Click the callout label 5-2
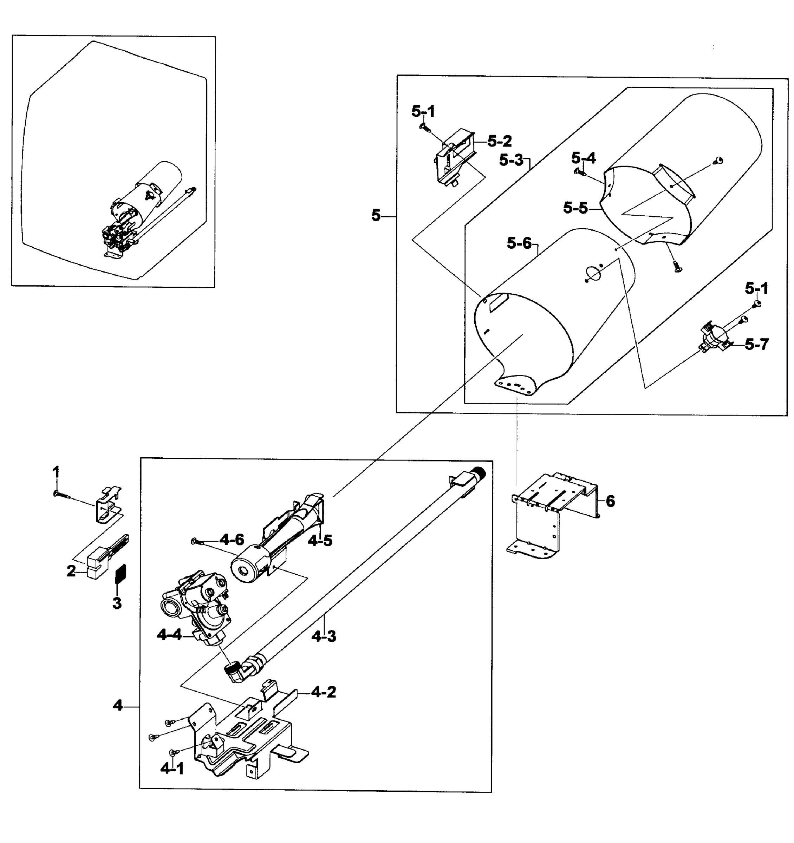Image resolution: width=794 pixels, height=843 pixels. pos(499,141)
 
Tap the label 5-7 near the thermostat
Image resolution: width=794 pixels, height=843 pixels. pos(757,344)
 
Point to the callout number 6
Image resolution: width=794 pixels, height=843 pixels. pos(610,502)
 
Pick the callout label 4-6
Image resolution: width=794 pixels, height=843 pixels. pos(232,540)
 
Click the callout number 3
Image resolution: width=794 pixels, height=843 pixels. pos(117,603)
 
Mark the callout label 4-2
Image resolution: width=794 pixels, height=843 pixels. pos(323,692)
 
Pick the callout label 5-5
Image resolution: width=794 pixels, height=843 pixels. pos(575,208)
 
